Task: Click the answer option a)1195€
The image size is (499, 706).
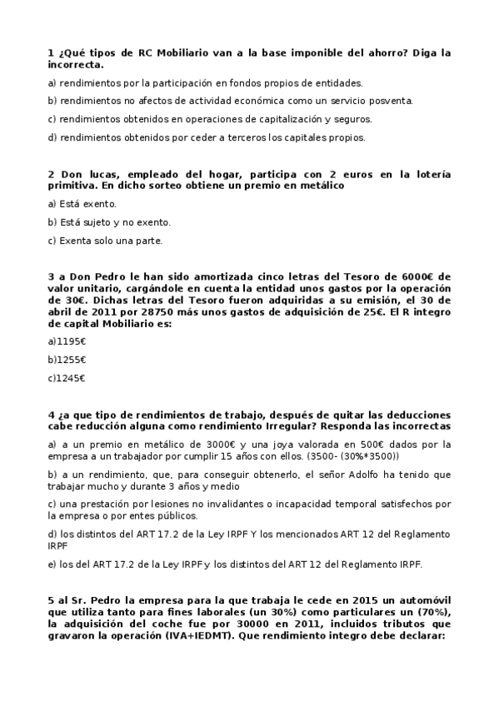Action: pyautogui.click(x=67, y=341)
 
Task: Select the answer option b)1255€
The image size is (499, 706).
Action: pyautogui.click(x=67, y=360)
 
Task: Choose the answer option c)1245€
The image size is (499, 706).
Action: pyautogui.click(x=67, y=378)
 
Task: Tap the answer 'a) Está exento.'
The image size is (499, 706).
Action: pyautogui.click(x=82, y=204)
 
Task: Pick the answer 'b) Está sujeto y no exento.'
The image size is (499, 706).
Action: pyautogui.click(x=109, y=222)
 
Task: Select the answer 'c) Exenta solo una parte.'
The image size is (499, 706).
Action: pyautogui.click(x=105, y=241)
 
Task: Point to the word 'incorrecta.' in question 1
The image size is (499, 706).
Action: pyautogui.click(x=76, y=64)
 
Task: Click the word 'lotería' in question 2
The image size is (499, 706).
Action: pyautogui.click(x=431, y=174)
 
